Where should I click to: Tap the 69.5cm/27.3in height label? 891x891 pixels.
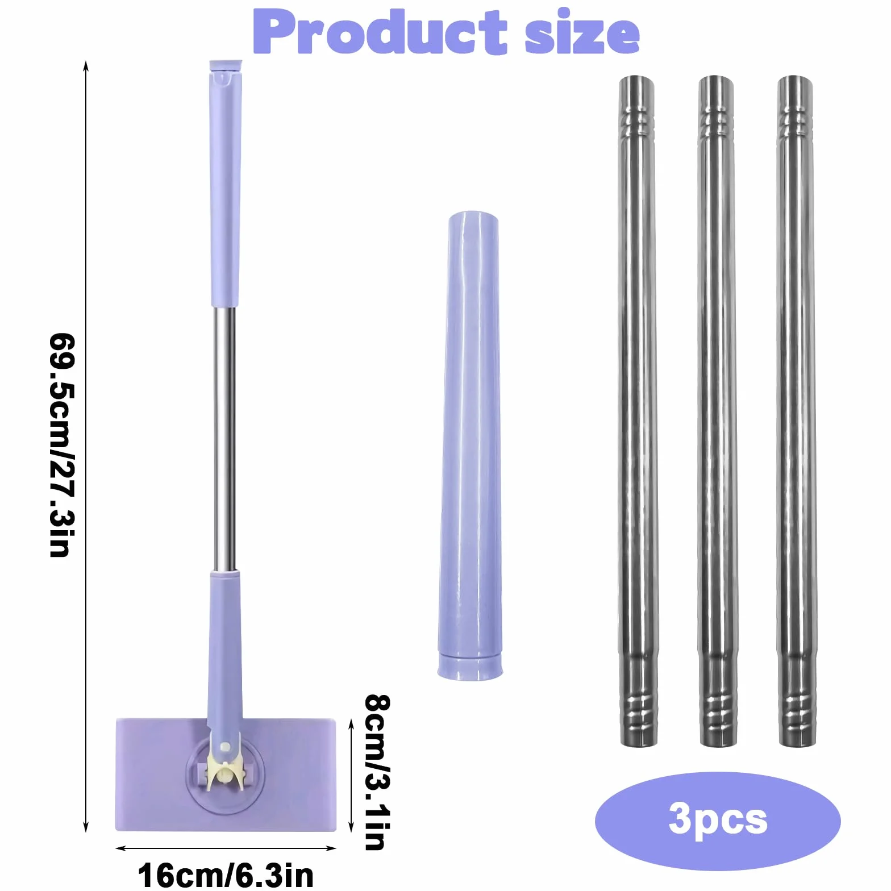pos(63,445)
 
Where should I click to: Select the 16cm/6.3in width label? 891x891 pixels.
pos(226,875)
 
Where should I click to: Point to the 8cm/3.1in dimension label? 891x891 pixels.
pos(377,772)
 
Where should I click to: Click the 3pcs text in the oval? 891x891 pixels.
pos(718,819)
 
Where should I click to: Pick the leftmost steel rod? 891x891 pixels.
pos(638,410)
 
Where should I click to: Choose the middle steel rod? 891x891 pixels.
pos(717,410)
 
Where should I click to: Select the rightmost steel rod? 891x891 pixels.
pos(796,410)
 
